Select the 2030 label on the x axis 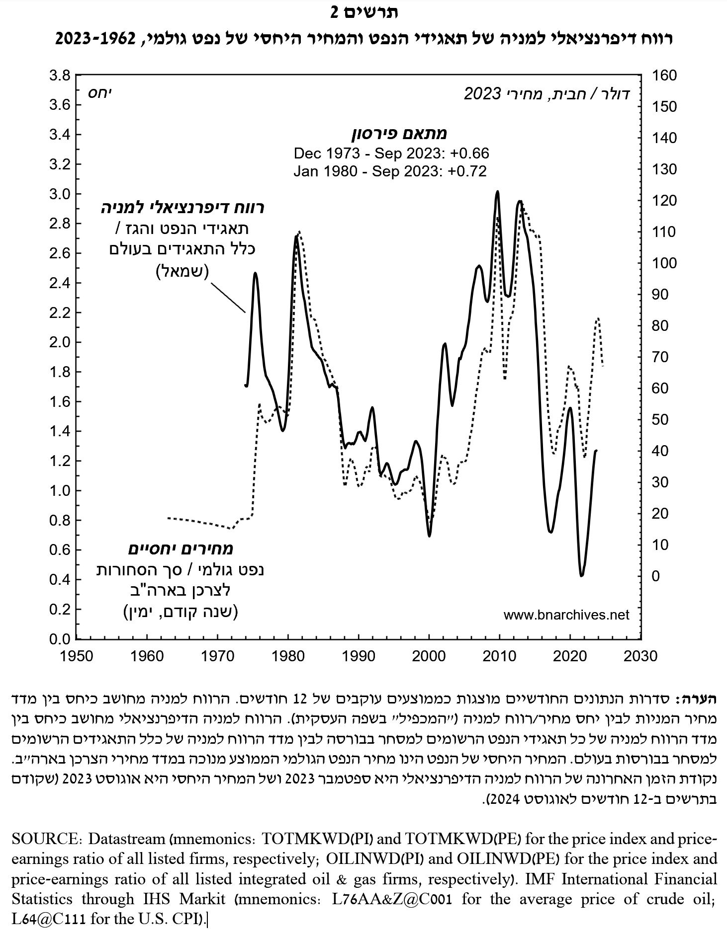click(x=641, y=656)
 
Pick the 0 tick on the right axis click(x=656, y=576)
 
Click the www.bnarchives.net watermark click(x=566, y=615)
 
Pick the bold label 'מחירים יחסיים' click(x=181, y=549)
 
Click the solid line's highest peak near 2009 click(x=497, y=191)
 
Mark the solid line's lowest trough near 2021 click(x=582, y=575)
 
